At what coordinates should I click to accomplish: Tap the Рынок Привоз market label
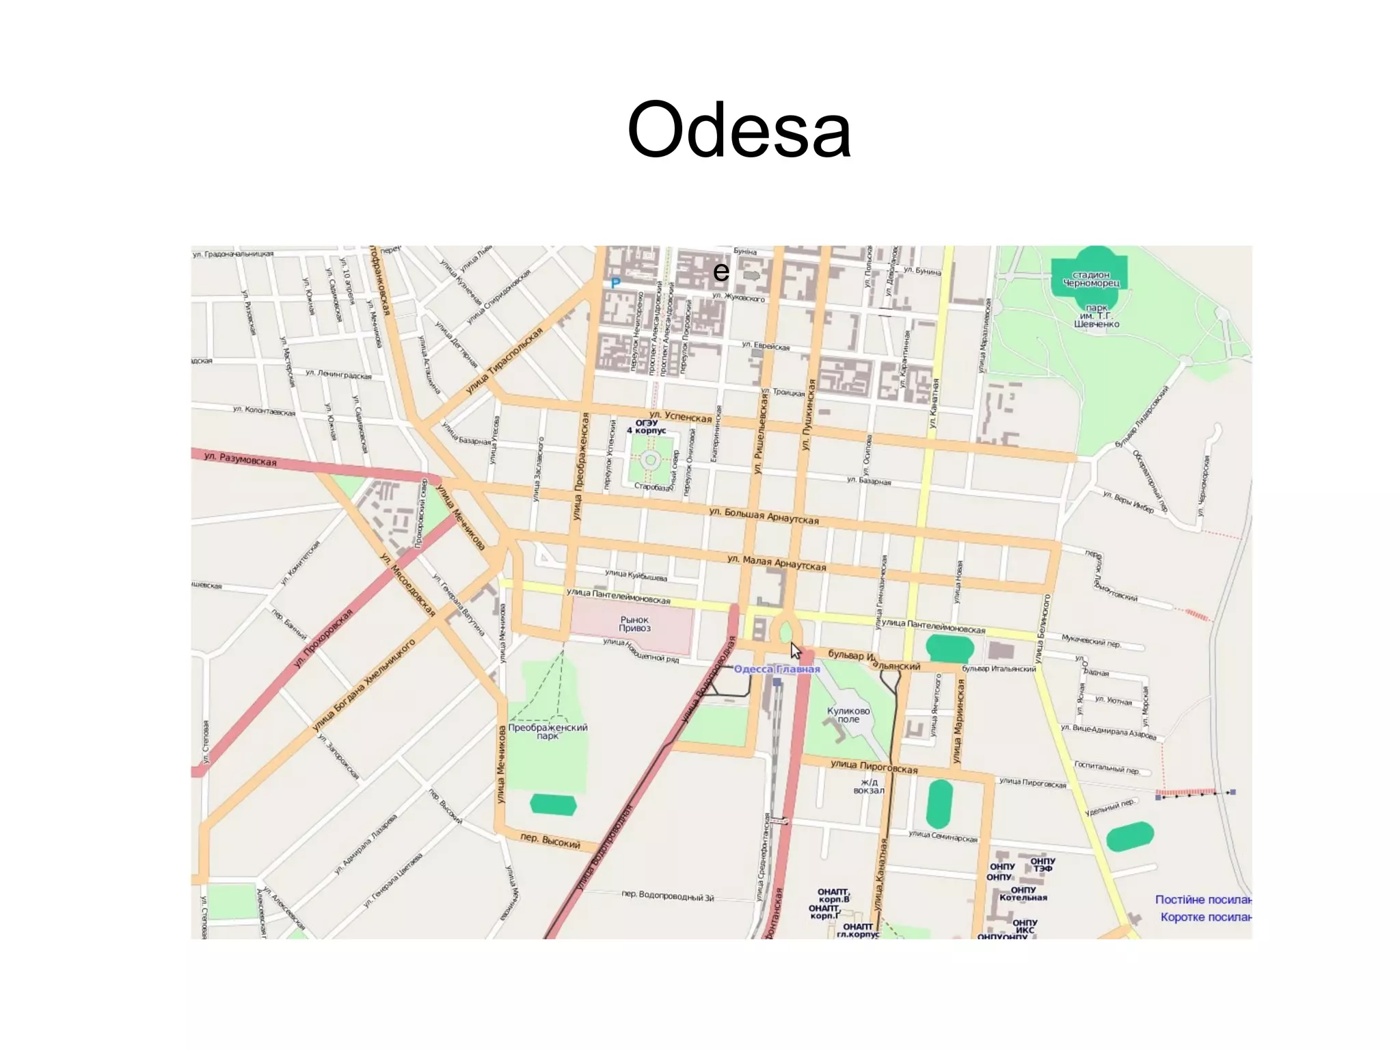[x=634, y=624]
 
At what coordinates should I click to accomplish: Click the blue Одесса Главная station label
[x=777, y=669]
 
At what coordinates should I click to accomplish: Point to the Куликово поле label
[x=848, y=715]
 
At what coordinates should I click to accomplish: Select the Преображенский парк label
[x=548, y=731]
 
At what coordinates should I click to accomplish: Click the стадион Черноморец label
[x=1091, y=279]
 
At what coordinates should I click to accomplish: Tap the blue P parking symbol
[x=615, y=283]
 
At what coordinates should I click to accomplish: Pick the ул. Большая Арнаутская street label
[x=764, y=516]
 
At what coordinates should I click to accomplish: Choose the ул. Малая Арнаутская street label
[x=776, y=562]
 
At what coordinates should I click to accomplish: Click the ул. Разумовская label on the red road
[x=241, y=459]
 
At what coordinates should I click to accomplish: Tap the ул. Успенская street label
[x=680, y=417]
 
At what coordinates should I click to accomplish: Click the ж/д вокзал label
[x=868, y=786]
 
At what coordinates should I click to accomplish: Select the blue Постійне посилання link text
[x=1202, y=900]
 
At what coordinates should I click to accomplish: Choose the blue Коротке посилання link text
[x=1205, y=917]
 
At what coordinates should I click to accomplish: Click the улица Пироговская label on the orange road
[x=874, y=767]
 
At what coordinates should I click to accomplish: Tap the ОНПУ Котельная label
[x=1023, y=893]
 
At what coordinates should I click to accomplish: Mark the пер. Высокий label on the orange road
[x=550, y=841]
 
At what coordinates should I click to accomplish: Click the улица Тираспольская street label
[x=504, y=360]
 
